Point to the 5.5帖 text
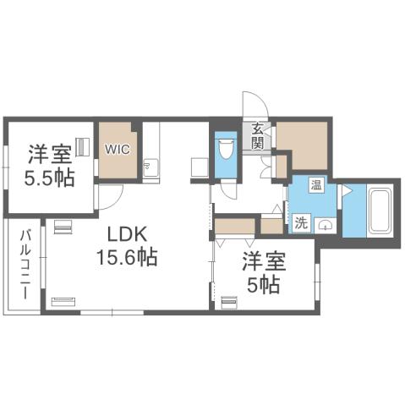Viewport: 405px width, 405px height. pos(37,178)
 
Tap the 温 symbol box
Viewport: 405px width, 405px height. pos(316,184)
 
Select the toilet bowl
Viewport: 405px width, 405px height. pos(226,153)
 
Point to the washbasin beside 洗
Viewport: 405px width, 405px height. pos(325,225)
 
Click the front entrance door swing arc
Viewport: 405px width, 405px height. pos(255,106)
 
